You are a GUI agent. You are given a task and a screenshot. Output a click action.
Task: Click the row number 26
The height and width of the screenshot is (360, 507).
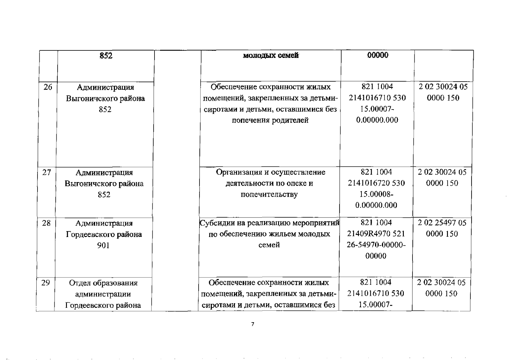point(48,87)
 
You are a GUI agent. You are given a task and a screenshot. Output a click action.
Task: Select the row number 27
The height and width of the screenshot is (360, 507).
point(47,172)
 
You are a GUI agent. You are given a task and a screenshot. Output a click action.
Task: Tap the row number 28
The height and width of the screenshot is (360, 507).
point(46,223)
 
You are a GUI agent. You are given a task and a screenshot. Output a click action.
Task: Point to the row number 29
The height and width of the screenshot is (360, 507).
point(46,283)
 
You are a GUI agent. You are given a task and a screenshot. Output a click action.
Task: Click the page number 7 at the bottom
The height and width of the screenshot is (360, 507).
point(253,324)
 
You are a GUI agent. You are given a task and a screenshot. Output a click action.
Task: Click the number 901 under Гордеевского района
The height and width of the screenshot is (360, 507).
point(103,246)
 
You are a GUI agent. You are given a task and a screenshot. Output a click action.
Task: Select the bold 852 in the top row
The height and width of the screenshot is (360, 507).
point(106,56)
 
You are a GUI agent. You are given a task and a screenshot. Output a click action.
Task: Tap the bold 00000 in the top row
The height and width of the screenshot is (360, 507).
point(378,55)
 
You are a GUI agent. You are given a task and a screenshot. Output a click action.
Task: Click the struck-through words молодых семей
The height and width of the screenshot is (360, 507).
point(271,55)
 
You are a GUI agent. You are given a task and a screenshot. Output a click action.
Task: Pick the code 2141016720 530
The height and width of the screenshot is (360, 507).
point(376,183)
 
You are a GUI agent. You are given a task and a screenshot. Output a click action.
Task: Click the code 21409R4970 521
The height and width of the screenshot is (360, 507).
point(376,234)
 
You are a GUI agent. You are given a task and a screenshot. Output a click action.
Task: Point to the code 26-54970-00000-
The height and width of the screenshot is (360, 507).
point(376,245)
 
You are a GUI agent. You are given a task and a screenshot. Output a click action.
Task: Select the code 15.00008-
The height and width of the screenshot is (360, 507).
point(376,194)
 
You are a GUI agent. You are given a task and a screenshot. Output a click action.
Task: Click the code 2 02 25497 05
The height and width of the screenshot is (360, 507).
point(442,223)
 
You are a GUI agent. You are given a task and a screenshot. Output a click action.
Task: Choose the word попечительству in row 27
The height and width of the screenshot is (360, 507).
point(269,194)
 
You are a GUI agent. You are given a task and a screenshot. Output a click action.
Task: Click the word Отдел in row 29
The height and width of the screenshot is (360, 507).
point(80,283)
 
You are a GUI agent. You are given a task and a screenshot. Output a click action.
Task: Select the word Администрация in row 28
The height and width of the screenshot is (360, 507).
point(104,223)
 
